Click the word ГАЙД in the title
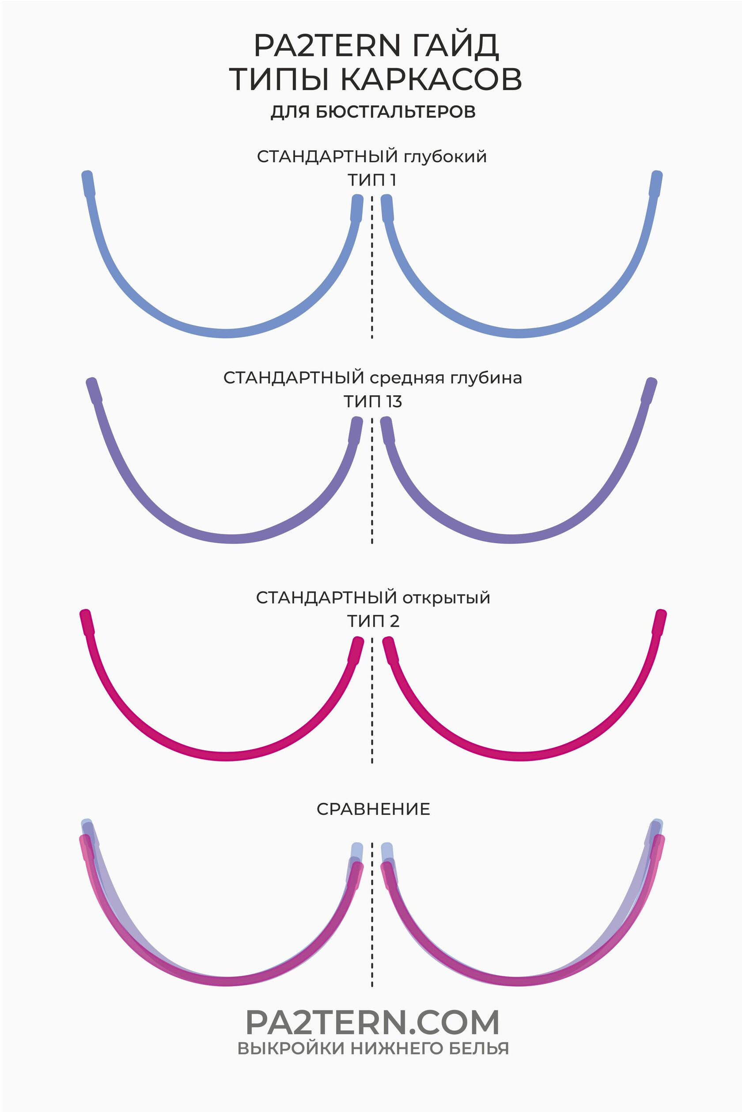pyautogui.click(x=455, y=46)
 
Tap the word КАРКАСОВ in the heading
pyautogui.click(x=431, y=79)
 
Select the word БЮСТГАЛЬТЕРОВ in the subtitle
pyautogui.click(x=395, y=112)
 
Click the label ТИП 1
pyautogui.click(x=371, y=180)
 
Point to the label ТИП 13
pyautogui.click(x=372, y=402)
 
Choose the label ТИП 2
pyautogui.click(x=373, y=621)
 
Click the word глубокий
pyautogui.click(x=445, y=157)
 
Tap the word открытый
pyautogui.click(x=446, y=598)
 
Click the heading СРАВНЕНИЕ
pyautogui.click(x=373, y=809)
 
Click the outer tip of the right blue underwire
pyautogui.click(x=657, y=174)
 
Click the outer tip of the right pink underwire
pyautogui.click(x=662, y=614)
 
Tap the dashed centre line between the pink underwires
pyautogui.click(x=372, y=700)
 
